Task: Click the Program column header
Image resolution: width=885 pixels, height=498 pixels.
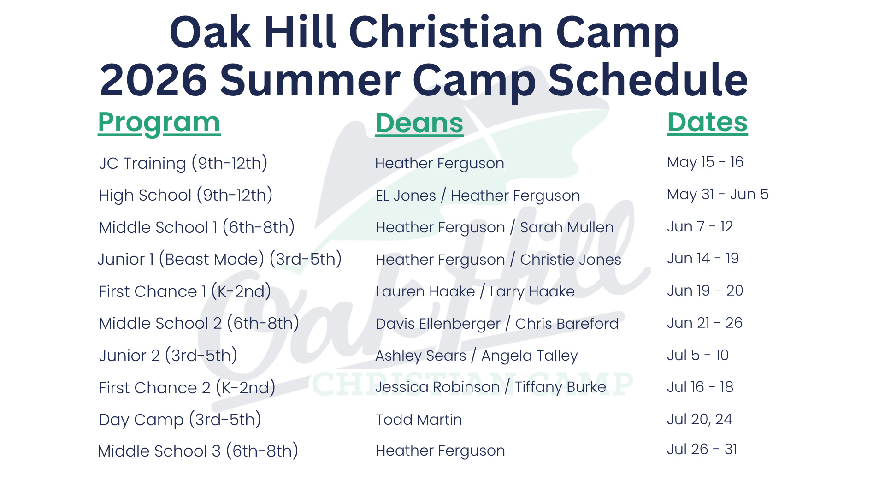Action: [159, 123]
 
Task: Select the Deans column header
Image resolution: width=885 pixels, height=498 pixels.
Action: [419, 124]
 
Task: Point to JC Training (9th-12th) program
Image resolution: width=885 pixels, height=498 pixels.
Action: [183, 163]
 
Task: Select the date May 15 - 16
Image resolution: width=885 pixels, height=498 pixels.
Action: [705, 162]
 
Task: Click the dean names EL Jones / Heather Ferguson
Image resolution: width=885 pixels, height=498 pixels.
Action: [478, 196]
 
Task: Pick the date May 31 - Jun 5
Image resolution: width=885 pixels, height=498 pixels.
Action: [718, 194]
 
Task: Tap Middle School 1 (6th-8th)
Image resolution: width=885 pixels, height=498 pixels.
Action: [197, 227]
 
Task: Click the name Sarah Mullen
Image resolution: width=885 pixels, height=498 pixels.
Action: [567, 227]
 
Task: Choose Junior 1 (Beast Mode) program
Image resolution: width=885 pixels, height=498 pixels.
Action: [219, 259]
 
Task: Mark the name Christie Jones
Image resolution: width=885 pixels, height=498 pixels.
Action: [571, 260]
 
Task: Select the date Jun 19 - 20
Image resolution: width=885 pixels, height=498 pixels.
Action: [705, 290]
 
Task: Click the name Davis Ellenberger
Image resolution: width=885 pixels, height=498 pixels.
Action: [438, 324]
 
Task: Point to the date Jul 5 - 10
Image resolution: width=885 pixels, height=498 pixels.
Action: [698, 355]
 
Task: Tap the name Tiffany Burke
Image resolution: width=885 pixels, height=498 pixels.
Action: [560, 387]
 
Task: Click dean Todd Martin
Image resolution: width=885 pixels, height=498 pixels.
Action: [419, 420]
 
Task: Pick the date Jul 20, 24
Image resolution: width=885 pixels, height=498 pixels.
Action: [700, 419]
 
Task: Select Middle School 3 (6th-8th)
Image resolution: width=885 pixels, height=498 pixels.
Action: [198, 451]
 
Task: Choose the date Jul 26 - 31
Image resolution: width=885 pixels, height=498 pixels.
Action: [702, 449]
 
